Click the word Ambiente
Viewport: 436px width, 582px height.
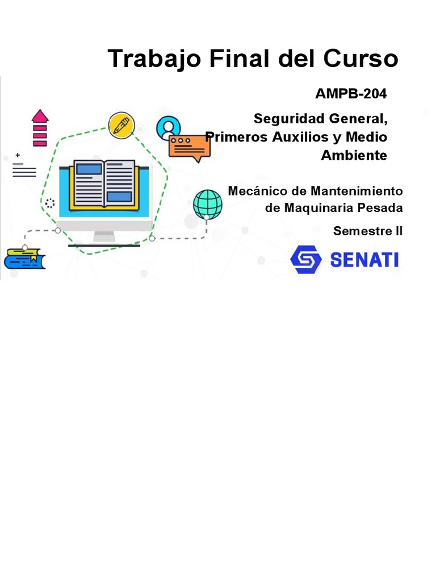tap(354, 155)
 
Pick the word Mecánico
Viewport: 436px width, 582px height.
tap(255, 191)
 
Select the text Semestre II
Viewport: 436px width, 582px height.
tap(368, 231)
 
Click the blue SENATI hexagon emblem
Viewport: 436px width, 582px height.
tap(306, 260)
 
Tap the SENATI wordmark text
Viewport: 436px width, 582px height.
tap(364, 260)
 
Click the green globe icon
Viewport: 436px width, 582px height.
tap(207, 204)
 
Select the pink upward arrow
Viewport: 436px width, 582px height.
tap(40, 128)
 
